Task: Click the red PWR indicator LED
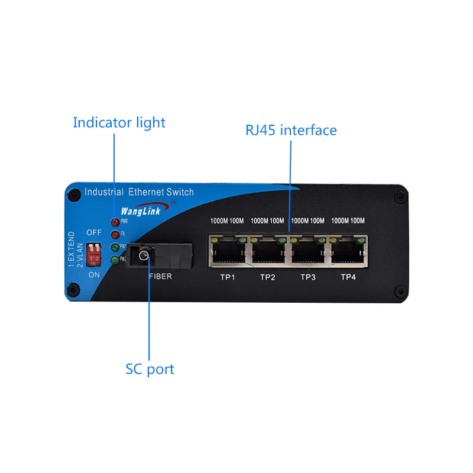tap(115, 222)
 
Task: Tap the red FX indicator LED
tap(115, 234)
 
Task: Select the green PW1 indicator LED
tap(115, 247)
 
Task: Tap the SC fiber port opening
tap(142, 255)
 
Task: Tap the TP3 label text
tap(308, 277)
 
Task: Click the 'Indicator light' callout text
tap(119, 123)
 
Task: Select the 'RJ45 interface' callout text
tap(291, 130)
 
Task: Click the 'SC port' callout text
tap(150, 370)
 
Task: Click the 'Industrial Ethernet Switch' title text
tap(139, 192)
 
